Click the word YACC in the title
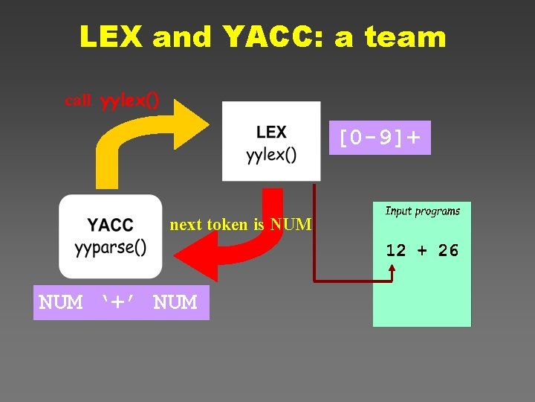point(265,36)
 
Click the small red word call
point(78,100)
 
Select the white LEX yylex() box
point(271,141)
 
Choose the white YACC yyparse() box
point(110,236)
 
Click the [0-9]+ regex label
point(380,138)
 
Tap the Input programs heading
point(422,211)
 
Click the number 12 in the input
point(395,251)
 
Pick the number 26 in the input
point(448,251)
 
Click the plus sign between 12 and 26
point(422,251)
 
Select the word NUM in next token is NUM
point(291,224)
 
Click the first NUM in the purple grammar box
point(61,303)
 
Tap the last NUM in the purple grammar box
point(175,303)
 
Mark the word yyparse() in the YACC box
point(110,247)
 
